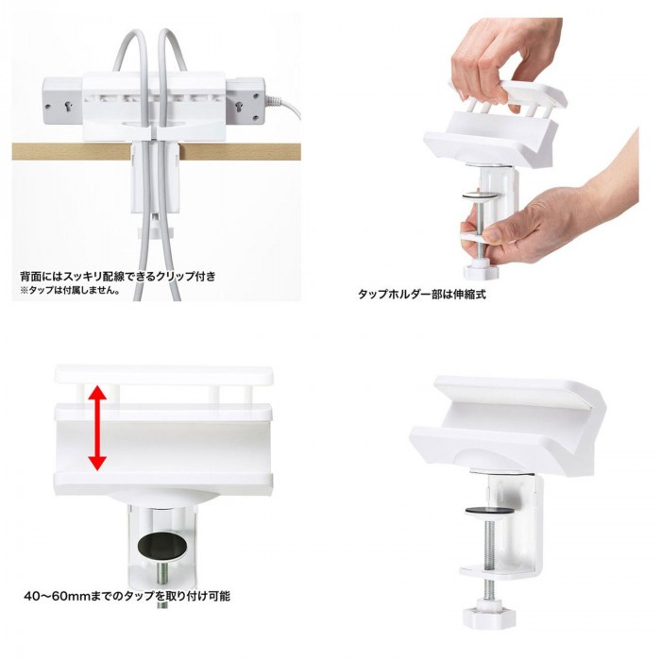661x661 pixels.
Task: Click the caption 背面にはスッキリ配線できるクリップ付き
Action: tap(118, 277)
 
